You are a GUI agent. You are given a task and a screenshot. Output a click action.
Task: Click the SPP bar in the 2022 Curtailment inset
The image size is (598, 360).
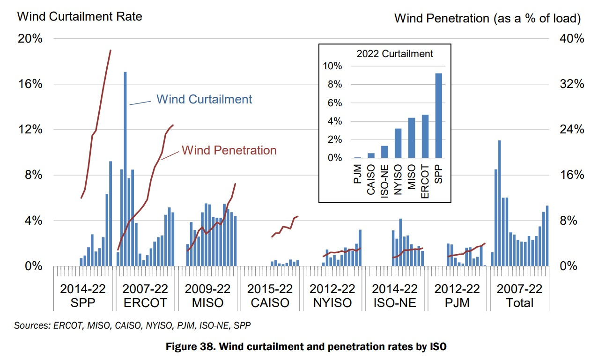(x=439, y=116)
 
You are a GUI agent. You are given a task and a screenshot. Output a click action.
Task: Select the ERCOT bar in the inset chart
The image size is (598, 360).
(x=425, y=136)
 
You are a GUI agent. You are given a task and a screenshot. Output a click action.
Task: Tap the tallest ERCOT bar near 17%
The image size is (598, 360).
(x=125, y=169)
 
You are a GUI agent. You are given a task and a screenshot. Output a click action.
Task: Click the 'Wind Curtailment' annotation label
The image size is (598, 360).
(x=204, y=99)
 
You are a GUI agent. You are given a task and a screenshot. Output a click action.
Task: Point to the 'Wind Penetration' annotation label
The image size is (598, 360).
(x=229, y=150)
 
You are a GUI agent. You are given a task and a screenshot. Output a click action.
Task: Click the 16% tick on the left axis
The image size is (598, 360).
(x=30, y=84)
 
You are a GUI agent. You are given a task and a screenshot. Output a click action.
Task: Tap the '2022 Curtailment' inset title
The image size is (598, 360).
(x=395, y=54)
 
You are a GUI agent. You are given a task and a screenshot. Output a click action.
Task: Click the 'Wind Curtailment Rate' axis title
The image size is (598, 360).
(x=80, y=17)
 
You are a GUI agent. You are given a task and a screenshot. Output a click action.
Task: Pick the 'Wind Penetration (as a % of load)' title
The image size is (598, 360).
(x=487, y=18)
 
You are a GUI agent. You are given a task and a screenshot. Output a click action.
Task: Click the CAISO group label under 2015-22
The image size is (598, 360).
(x=270, y=303)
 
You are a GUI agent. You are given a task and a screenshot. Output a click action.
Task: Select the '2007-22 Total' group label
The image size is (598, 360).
(x=519, y=296)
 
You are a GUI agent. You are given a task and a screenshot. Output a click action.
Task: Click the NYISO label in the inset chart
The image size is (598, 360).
(x=398, y=174)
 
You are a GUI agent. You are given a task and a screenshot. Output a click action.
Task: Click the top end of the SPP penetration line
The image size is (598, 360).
(x=111, y=50)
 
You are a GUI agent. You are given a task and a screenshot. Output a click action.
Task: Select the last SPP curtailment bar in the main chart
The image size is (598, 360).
(x=111, y=213)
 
